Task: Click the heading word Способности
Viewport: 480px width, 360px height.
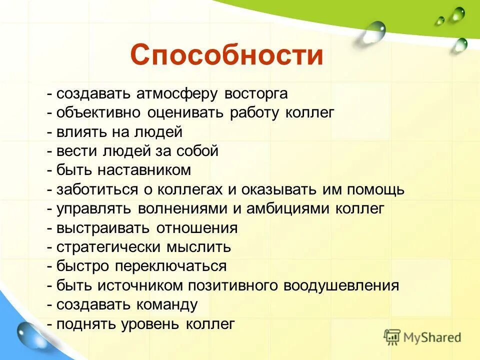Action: (x=226, y=55)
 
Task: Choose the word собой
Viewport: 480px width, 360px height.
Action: (x=197, y=151)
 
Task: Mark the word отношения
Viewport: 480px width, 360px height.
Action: (x=196, y=228)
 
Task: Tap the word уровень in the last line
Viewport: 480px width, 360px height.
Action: (x=151, y=324)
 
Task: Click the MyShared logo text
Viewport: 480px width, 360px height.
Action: (x=432, y=337)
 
